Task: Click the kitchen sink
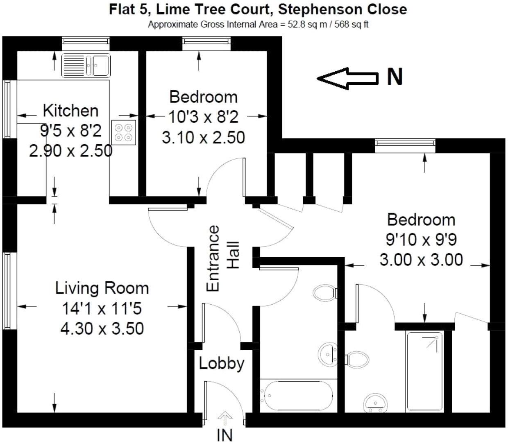86,65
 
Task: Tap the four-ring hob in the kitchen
125,133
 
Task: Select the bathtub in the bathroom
298,396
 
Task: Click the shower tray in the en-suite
424,371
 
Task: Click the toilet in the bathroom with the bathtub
325,293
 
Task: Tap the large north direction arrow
347,78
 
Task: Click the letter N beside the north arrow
395,77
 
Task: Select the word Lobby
222,363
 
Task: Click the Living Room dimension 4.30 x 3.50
102,328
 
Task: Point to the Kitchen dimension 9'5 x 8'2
70,131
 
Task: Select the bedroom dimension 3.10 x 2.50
204,137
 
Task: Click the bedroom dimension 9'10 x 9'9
421,240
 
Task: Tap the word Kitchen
70,111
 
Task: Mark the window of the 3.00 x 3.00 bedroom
405,143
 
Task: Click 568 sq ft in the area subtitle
352,25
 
